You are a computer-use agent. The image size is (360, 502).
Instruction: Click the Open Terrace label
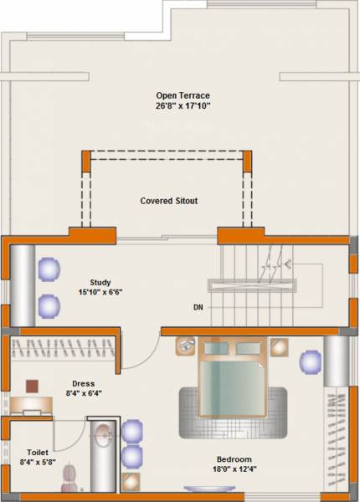click(x=183, y=95)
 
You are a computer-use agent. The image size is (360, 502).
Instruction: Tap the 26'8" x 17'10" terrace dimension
click(x=183, y=106)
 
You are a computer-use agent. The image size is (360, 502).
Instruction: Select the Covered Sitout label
click(x=168, y=201)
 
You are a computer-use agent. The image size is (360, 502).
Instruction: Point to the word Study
click(x=100, y=283)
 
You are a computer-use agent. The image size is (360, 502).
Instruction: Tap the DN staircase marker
click(x=198, y=307)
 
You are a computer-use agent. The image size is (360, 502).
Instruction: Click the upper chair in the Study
click(x=49, y=269)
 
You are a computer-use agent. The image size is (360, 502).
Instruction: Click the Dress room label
click(x=82, y=382)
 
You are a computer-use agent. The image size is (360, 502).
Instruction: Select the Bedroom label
click(x=234, y=459)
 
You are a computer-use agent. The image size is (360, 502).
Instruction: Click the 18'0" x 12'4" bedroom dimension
click(x=234, y=470)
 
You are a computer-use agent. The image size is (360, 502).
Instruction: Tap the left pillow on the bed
click(x=215, y=348)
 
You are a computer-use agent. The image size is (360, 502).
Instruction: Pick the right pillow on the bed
click(x=247, y=348)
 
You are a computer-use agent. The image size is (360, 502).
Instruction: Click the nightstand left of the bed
click(x=184, y=346)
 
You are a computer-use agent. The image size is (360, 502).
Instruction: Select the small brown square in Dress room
click(x=32, y=386)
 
